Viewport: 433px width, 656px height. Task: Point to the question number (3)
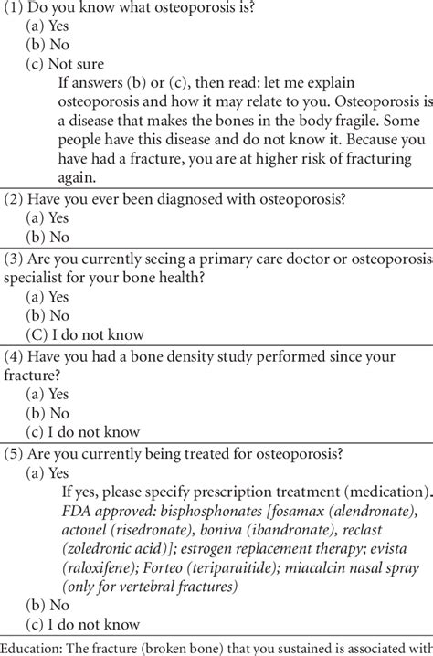(15, 259)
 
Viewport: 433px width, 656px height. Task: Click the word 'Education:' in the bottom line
(36, 647)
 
